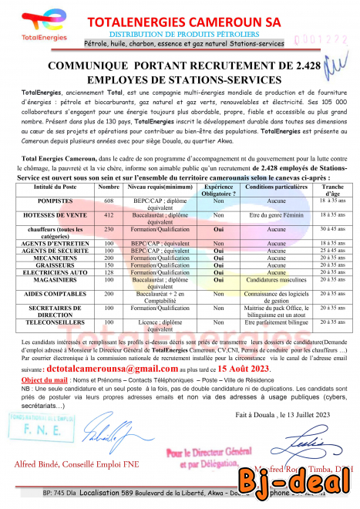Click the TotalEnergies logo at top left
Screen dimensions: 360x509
pos(38,26)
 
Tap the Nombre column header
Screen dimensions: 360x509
pos(108,187)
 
